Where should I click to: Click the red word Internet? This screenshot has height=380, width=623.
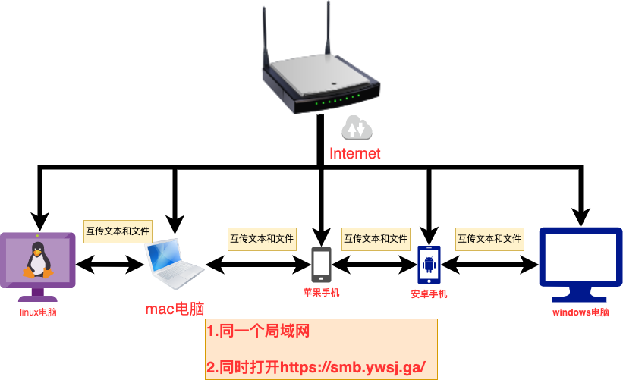(x=354, y=153)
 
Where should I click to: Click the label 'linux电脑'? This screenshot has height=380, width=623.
(x=38, y=312)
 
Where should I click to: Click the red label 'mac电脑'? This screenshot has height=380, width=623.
(x=175, y=309)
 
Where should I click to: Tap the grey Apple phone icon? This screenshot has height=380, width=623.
(x=321, y=264)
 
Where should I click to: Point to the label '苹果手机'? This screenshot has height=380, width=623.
(x=321, y=292)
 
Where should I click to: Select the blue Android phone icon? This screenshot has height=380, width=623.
(x=429, y=264)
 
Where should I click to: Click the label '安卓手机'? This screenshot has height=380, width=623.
(x=429, y=294)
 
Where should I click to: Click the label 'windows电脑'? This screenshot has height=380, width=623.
(x=581, y=312)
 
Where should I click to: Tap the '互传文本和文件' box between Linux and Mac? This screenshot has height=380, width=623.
(x=118, y=230)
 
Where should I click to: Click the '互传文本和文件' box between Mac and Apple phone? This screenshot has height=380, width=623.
(x=262, y=238)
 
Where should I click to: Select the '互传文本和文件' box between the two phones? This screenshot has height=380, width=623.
(x=376, y=238)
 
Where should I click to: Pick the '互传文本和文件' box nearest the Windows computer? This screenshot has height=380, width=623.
(x=489, y=238)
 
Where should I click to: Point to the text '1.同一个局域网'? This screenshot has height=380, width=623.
(x=259, y=331)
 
